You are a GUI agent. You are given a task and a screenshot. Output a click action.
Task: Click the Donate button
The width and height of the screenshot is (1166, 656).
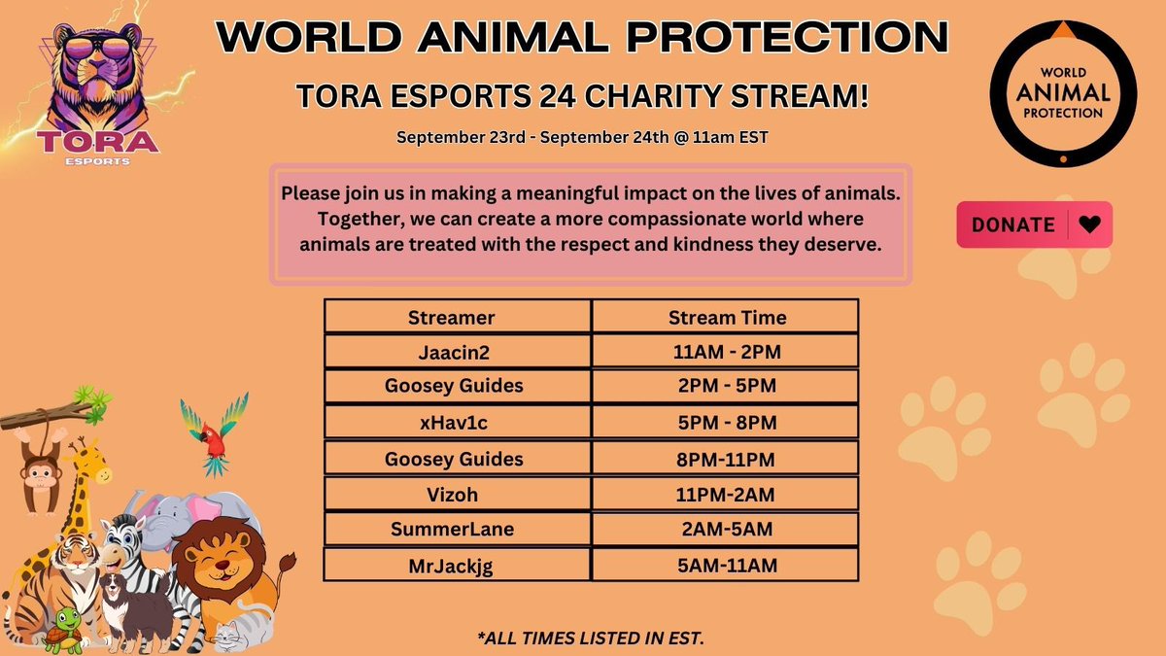1034,224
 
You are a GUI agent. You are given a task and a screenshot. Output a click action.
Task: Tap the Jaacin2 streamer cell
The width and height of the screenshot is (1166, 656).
458,351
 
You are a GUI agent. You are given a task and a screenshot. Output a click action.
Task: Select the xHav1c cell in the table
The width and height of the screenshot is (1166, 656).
458,422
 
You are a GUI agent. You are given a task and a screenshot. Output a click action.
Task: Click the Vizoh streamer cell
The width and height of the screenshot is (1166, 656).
458,494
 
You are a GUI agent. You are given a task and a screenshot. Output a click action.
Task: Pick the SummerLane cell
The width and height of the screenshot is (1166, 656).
458,530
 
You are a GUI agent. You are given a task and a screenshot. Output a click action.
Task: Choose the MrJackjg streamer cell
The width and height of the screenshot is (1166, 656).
458,566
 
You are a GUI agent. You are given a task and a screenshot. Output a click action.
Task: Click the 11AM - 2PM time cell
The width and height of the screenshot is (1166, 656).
726,351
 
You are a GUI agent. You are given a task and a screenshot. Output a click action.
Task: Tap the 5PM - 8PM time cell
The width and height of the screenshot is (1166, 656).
726,422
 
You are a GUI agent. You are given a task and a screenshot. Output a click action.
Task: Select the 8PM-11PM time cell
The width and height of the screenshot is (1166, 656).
726,458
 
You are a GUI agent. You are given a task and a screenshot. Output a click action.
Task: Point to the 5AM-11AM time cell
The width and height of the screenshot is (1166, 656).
726,566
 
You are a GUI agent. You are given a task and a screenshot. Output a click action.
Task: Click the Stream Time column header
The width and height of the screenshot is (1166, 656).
726,317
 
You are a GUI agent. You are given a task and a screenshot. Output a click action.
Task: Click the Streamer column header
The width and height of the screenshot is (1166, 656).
458,317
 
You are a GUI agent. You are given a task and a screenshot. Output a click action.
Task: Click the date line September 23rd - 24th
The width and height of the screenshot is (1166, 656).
583,137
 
